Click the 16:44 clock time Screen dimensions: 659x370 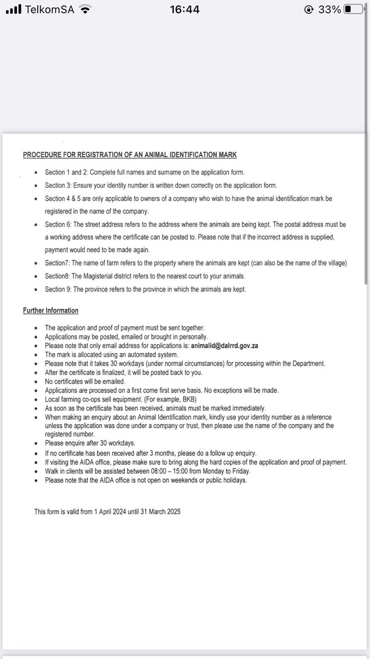pyautogui.click(x=184, y=9)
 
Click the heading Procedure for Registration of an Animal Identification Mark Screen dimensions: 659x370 pyautogui.click(x=130, y=155)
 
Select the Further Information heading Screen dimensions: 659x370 pyautogui.click(x=50, y=311)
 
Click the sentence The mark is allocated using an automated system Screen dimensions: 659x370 pyautogui.click(x=111, y=355)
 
